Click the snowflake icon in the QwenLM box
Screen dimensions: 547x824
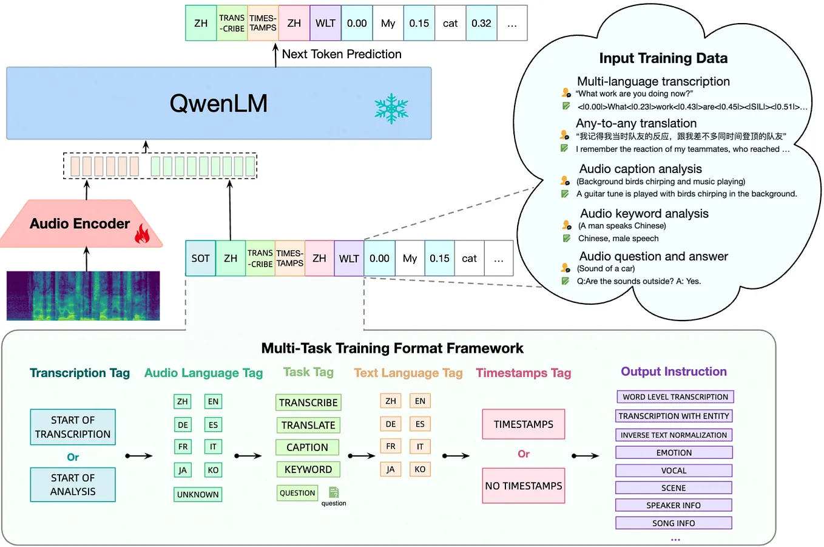click(391, 109)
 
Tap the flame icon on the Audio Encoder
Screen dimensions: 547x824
click(142, 234)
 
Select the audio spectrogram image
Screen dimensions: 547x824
click(83, 296)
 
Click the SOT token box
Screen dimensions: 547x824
click(200, 258)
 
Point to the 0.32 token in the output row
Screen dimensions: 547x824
click(481, 24)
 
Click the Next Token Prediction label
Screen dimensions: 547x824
click(342, 54)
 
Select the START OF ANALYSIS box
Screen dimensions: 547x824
click(73, 484)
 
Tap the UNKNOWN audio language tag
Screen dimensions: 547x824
click(198, 494)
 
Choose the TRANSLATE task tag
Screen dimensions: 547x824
click(308, 425)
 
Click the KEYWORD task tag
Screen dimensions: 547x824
click(308, 469)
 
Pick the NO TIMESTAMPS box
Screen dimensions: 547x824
click(524, 486)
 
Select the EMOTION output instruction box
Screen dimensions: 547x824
click(674, 452)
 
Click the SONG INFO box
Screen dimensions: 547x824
click(674, 523)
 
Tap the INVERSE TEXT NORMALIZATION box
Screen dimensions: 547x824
click(674, 435)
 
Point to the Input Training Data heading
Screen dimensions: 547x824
click(663, 58)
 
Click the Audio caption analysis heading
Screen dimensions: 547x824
click(640, 169)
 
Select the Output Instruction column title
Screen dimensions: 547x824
click(674, 372)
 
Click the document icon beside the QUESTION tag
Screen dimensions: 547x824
click(334, 492)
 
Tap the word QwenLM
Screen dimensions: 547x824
click(218, 103)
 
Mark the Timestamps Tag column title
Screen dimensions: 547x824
click(524, 373)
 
